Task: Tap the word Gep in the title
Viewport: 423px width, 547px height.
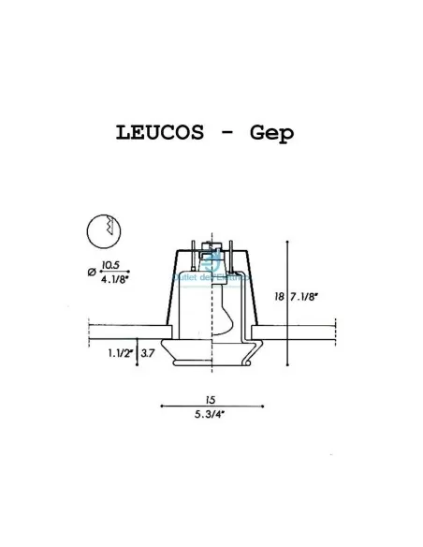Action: click(x=271, y=133)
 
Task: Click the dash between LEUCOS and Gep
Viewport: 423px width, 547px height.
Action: click(x=226, y=133)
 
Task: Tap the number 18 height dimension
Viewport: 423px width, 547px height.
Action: click(x=279, y=297)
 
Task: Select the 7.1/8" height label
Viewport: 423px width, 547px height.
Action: click(x=304, y=297)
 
